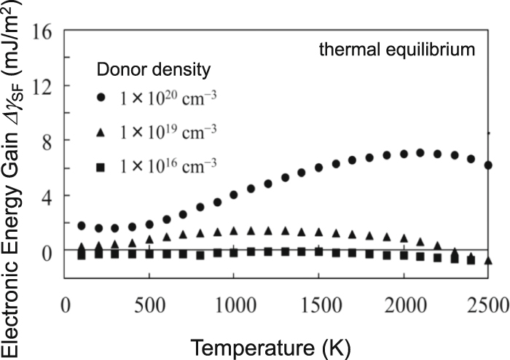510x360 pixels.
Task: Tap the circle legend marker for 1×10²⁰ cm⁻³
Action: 107,97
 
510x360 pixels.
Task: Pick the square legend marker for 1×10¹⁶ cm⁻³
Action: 107,167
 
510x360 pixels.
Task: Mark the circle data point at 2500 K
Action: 487,165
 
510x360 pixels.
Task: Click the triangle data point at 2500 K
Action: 487,260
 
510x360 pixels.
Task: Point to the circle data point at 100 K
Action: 82,226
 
